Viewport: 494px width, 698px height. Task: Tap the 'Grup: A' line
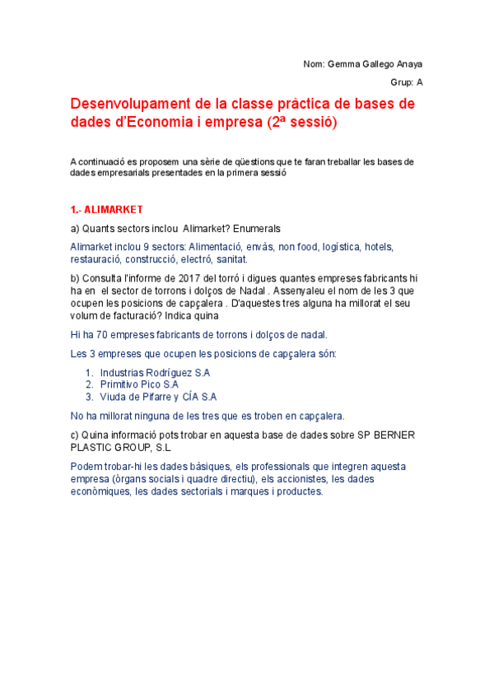click(407, 82)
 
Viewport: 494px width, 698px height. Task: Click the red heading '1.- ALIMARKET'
click(107, 209)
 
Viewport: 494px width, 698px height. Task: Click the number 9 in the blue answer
click(144, 247)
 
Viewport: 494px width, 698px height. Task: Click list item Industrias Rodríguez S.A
click(155, 373)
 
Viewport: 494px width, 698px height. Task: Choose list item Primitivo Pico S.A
click(139, 384)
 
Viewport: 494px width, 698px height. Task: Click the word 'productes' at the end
click(296, 491)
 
